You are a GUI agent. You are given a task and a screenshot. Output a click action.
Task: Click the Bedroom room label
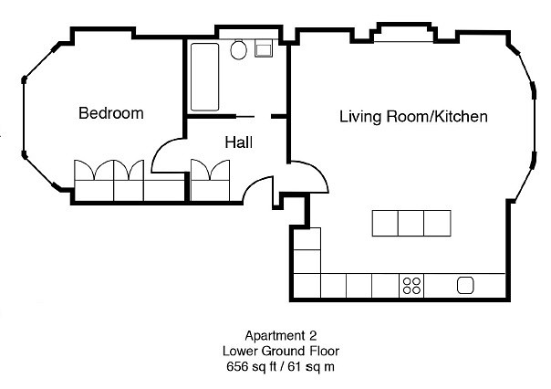110,113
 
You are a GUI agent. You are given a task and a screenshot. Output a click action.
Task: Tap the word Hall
238,142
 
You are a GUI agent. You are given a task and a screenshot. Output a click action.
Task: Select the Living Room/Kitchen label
413,117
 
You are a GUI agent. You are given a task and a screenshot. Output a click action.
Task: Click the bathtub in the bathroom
205,75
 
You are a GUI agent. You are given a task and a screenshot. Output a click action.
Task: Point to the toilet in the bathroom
240,50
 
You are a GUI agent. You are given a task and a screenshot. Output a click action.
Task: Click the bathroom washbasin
265,49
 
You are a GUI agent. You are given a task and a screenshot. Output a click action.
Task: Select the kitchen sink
465,286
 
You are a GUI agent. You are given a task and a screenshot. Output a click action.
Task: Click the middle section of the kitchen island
411,223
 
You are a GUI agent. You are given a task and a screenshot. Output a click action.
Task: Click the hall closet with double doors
212,179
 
